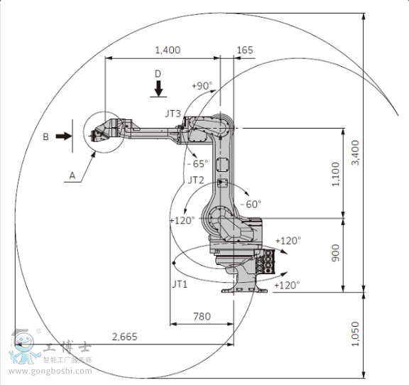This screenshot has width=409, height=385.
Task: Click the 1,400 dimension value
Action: (x=168, y=50)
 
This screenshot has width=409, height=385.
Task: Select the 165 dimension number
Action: (x=245, y=50)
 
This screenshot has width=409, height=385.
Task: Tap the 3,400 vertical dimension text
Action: (x=355, y=153)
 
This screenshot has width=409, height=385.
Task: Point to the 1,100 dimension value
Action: (x=335, y=174)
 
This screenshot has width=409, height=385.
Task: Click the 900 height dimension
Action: (x=335, y=253)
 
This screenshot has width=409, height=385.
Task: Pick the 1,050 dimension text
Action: (x=355, y=334)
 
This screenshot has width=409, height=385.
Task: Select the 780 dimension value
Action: (x=202, y=316)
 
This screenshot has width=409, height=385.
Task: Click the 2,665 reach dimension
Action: (x=125, y=337)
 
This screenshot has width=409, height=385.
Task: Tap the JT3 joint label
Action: (x=173, y=114)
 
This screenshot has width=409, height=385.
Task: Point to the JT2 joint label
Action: (x=196, y=180)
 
